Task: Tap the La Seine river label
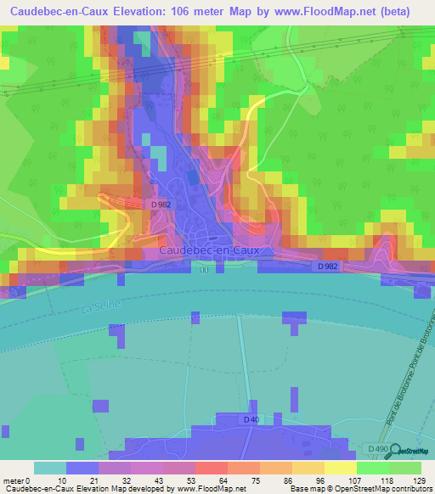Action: (98, 303)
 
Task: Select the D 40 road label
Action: (250, 419)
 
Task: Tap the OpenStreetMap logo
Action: (410, 451)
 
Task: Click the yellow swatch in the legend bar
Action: (341, 468)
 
